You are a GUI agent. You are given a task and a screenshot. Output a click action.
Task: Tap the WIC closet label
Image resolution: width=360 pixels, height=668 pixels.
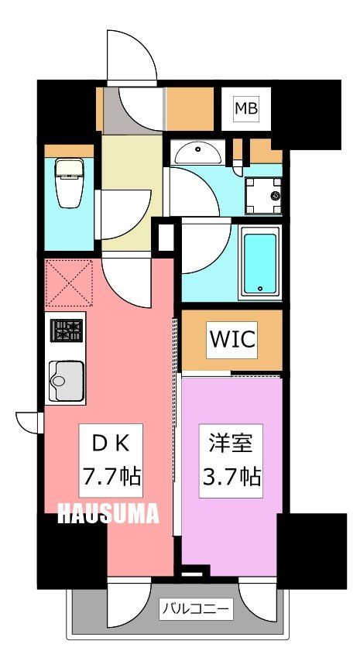(231, 340)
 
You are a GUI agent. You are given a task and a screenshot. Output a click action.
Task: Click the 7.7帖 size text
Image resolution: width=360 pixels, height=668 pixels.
(111, 476)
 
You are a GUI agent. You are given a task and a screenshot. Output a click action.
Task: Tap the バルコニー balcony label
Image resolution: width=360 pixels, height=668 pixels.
(195, 609)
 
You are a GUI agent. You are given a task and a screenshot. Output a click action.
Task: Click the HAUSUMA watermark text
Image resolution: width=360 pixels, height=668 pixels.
(109, 512)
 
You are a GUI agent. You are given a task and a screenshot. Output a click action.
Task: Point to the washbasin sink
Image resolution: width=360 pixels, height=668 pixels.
(199, 152)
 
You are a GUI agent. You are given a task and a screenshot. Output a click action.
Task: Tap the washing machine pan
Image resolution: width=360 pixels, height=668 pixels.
(263, 197)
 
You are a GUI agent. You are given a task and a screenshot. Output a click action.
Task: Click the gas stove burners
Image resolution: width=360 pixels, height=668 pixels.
(67, 331)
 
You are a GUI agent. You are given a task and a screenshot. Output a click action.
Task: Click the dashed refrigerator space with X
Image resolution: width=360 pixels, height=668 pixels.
(69, 283)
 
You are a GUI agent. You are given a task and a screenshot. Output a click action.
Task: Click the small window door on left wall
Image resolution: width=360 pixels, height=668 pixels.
(29, 421)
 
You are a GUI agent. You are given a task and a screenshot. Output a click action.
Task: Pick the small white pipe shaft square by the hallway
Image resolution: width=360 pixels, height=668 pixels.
(165, 236)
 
